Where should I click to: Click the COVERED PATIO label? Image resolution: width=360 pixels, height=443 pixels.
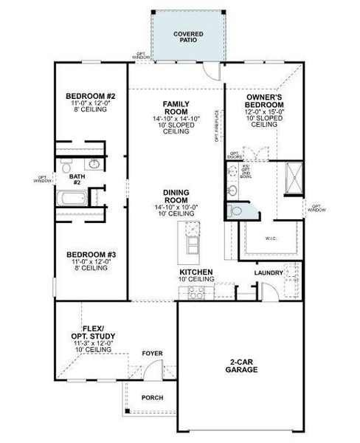click(188, 38)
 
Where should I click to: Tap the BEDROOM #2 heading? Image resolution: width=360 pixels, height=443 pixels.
click(91, 97)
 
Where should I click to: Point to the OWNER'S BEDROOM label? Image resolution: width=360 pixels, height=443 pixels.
click(264, 101)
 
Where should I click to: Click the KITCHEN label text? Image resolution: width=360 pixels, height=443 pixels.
click(195, 272)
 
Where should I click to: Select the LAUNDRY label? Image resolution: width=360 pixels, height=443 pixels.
click(268, 273)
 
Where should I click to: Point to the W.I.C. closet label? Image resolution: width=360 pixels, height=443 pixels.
click(270, 238)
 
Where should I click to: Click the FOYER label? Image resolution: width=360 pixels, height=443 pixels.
click(153, 354)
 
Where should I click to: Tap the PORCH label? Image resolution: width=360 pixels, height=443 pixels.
click(153, 397)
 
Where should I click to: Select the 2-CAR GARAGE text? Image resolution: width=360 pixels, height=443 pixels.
click(241, 366)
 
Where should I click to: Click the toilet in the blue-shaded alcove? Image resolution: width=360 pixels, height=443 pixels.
click(236, 210)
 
